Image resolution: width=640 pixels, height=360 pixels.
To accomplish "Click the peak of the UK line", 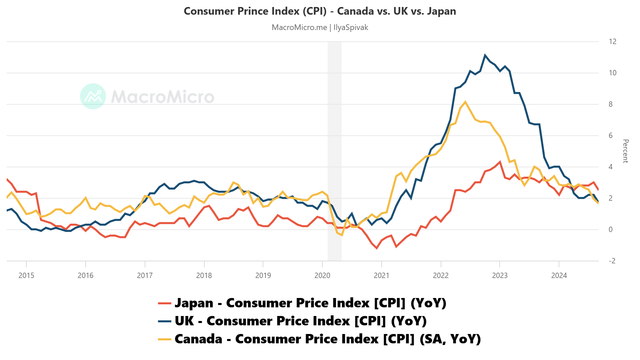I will click(x=485, y=55).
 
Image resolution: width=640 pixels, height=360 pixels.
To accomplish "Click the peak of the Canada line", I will click(x=465, y=102).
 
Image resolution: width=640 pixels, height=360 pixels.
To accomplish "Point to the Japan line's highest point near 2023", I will click(x=500, y=162).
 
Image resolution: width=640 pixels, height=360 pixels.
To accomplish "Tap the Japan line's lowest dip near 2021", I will click(x=377, y=248).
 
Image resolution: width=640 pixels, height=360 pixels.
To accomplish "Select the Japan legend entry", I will click(x=302, y=303).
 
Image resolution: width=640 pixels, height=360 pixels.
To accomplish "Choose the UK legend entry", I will click(x=292, y=321).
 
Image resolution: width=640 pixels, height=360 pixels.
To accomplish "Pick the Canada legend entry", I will click(x=319, y=339).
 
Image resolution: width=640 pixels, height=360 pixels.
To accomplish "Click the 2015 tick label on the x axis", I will click(x=26, y=275).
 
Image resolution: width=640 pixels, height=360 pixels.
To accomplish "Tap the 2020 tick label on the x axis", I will click(x=322, y=275).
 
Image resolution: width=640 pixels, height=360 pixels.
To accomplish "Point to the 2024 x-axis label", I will click(x=559, y=275).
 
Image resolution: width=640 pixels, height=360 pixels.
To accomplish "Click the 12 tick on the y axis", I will click(x=612, y=42).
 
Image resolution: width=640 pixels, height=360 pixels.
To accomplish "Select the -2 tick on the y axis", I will click(x=612, y=261).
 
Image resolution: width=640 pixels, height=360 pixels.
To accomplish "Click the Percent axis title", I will click(x=625, y=151).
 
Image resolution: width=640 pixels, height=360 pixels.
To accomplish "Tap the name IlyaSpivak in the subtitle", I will click(x=351, y=27).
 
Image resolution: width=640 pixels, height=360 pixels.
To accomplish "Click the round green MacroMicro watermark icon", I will click(x=93, y=96).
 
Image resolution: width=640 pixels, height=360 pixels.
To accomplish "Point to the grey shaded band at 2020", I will click(x=334, y=150).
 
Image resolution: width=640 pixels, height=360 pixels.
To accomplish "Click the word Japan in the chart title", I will click(x=441, y=11).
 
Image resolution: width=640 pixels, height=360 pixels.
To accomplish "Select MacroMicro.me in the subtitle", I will click(x=299, y=27).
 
